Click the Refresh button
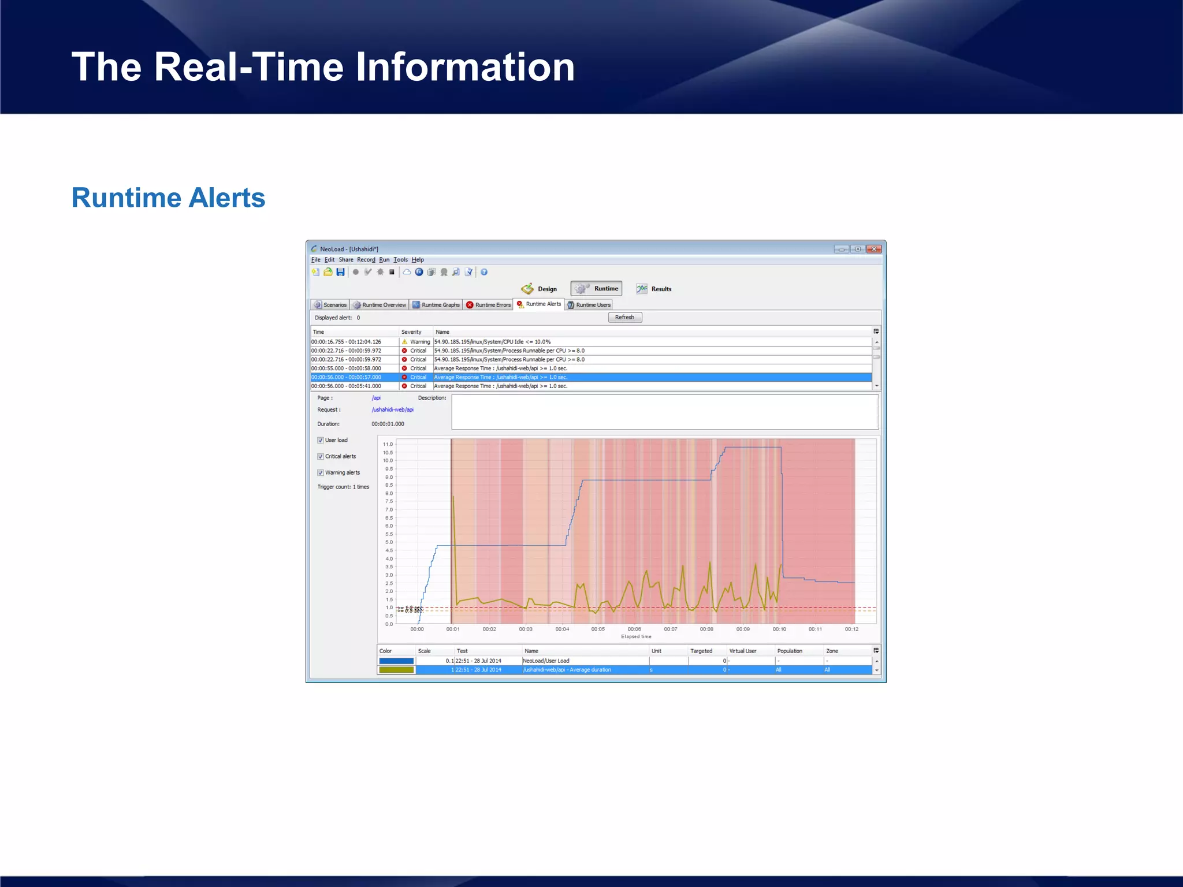click(x=624, y=317)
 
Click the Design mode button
click(x=540, y=289)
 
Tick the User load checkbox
click(x=321, y=440)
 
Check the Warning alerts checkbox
click(x=321, y=472)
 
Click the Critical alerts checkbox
click(x=321, y=456)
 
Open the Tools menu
click(x=400, y=260)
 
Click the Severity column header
click(x=411, y=332)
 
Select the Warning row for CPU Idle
click(x=491, y=342)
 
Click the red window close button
click(x=874, y=249)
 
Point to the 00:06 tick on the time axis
click(x=634, y=629)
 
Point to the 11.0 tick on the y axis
click(x=388, y=444)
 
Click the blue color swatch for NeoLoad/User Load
click(x=396, y=661)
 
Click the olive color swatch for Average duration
click(x=396, y=670)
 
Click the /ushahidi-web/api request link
click(x=392, y=409)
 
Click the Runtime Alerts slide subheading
click(x=168, y=197)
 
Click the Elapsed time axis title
click(x=636, y=636)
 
